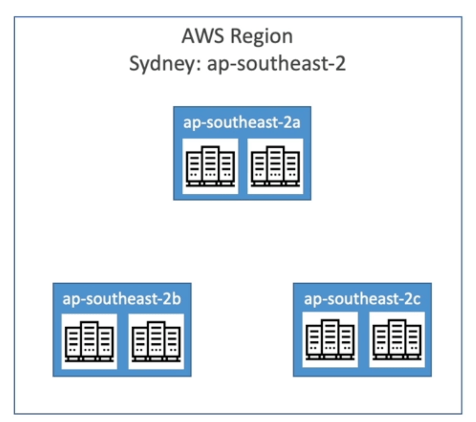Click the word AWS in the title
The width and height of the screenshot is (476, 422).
coord(203,36)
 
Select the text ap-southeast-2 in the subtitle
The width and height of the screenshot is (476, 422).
coord(276,63)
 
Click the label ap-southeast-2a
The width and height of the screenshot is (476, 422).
coord(242,123)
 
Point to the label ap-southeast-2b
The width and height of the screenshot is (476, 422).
coord(122,299)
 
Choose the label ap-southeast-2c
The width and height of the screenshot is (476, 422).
coord(362,299)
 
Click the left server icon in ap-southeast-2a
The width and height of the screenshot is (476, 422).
coord(210,166)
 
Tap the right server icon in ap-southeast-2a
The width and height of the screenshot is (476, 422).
coord(275,166)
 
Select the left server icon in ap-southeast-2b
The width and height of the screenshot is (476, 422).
coord(89,342)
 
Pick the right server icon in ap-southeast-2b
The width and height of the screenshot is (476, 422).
coord(156,342)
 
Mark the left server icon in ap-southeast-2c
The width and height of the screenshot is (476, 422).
coord(330,340)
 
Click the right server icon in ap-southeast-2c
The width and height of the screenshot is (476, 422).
coord(397,340)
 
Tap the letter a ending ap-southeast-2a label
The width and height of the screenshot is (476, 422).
coord(296,123)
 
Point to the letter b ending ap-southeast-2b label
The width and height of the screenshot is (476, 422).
coord(176,299)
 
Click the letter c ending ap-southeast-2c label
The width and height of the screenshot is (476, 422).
coord(416,299)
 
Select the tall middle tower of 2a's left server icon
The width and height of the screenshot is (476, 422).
coord(210,164)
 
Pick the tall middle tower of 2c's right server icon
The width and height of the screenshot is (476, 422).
coord(397,338)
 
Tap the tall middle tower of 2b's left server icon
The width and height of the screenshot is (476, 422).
coord(89,339)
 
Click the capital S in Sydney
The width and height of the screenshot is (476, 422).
coord(135,63)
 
